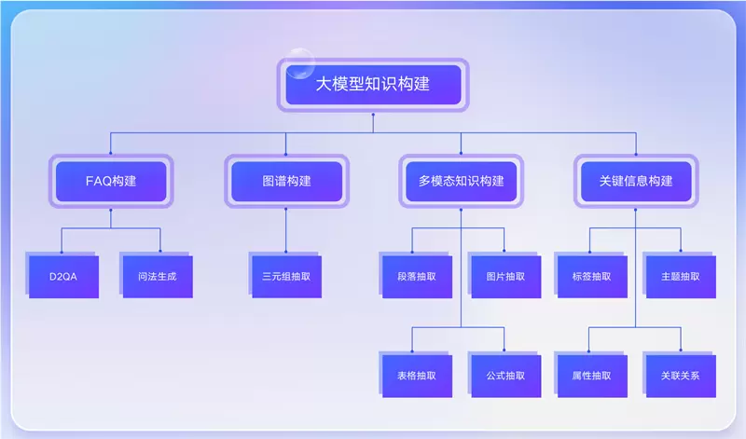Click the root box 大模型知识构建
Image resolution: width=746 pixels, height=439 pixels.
(373, 85)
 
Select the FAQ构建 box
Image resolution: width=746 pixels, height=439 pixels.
(111, 181)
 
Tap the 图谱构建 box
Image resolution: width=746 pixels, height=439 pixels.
(286, 181)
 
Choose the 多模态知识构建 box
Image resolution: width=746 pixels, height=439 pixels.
(461, 181)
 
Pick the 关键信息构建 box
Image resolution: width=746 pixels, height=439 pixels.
(636, 181)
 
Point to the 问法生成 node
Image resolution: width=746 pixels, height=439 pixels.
(157, 276)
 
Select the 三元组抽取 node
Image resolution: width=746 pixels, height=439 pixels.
(286, 276)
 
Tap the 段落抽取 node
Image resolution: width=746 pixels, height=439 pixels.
(415, 276)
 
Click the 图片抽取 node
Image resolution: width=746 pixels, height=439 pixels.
(504, 276)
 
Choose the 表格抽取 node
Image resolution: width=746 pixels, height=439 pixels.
(415, 376)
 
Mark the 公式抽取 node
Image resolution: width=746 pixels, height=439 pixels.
(504, 376)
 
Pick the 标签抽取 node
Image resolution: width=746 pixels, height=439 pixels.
(591, 276)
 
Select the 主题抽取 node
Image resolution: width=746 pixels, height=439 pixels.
(680, 276)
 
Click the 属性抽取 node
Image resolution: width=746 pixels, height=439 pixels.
(591, 376)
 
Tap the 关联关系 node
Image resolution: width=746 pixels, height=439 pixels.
(680, 376)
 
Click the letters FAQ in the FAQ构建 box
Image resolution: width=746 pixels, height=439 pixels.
(97, 181)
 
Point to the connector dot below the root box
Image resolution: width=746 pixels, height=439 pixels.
(373, 117)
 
